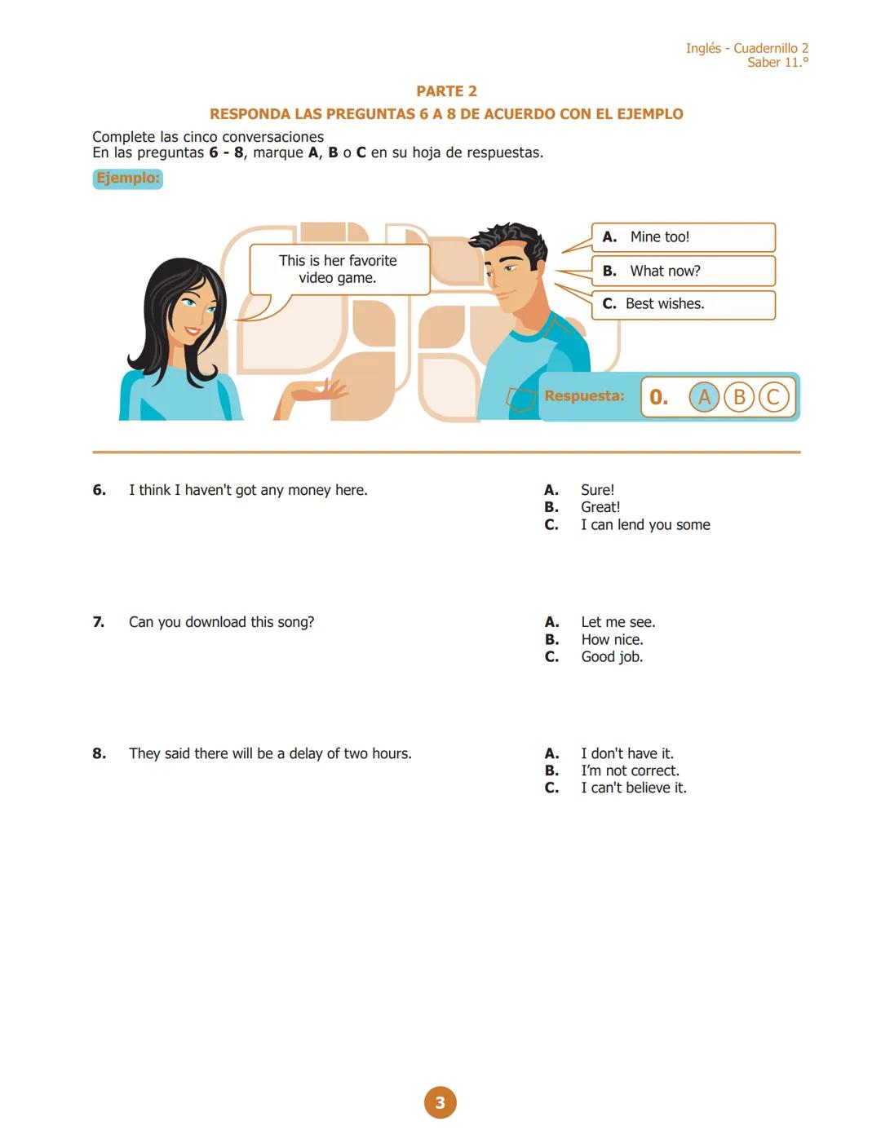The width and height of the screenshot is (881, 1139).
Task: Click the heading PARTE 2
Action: [446, 91]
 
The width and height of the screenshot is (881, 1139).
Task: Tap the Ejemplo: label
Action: [128, 179]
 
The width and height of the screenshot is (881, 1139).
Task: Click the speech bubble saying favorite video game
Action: [338, 269]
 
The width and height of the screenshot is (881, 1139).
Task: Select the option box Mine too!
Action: [683, 237]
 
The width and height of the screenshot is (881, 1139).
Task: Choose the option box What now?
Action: [683, 272]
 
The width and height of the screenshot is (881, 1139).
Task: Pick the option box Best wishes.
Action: [683, 304]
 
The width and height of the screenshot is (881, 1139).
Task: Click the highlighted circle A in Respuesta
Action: [704, 397]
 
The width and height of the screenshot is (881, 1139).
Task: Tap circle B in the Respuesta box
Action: [739, 397]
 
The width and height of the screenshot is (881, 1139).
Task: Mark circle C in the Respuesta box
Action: [773, 397]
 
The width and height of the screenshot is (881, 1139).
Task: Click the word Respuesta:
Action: [584, 396]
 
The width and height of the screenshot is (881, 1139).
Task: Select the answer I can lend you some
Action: [644, 525]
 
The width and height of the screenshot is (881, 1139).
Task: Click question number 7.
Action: [99, 622]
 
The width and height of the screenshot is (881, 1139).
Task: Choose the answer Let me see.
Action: [618, 622]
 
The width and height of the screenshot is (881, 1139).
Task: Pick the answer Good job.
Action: [612, 657]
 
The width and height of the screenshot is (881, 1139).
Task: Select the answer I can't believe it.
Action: [633, 788]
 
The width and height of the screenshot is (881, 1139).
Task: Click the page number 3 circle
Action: [440, 1103]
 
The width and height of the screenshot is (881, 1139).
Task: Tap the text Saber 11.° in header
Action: [777, 63]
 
